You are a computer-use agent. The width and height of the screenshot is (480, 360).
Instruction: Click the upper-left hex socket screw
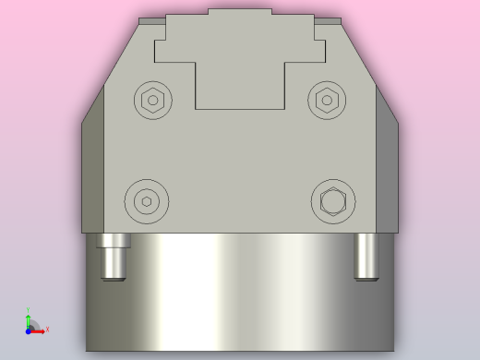153,100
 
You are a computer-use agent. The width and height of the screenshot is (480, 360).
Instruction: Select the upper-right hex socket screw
327,100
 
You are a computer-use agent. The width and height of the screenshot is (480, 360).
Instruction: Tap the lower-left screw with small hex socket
147,201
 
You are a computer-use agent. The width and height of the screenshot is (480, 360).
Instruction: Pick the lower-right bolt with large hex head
333,201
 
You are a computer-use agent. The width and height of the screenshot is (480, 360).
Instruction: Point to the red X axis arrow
40,330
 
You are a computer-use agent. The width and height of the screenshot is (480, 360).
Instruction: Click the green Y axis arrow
28,319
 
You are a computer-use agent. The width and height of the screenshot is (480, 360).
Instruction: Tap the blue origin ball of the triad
29,330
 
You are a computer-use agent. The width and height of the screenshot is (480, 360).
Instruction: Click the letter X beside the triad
47,329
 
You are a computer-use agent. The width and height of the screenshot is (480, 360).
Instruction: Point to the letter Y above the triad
28,310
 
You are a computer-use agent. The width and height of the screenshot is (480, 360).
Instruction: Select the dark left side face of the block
92,171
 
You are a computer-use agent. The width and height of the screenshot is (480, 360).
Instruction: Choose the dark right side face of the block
387,171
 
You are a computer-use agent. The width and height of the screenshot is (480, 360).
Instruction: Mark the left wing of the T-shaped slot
174,52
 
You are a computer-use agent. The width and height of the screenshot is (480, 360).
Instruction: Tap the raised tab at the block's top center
240,12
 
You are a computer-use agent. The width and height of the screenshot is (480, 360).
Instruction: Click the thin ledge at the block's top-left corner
151,20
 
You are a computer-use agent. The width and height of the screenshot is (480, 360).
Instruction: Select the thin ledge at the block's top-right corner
328,20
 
